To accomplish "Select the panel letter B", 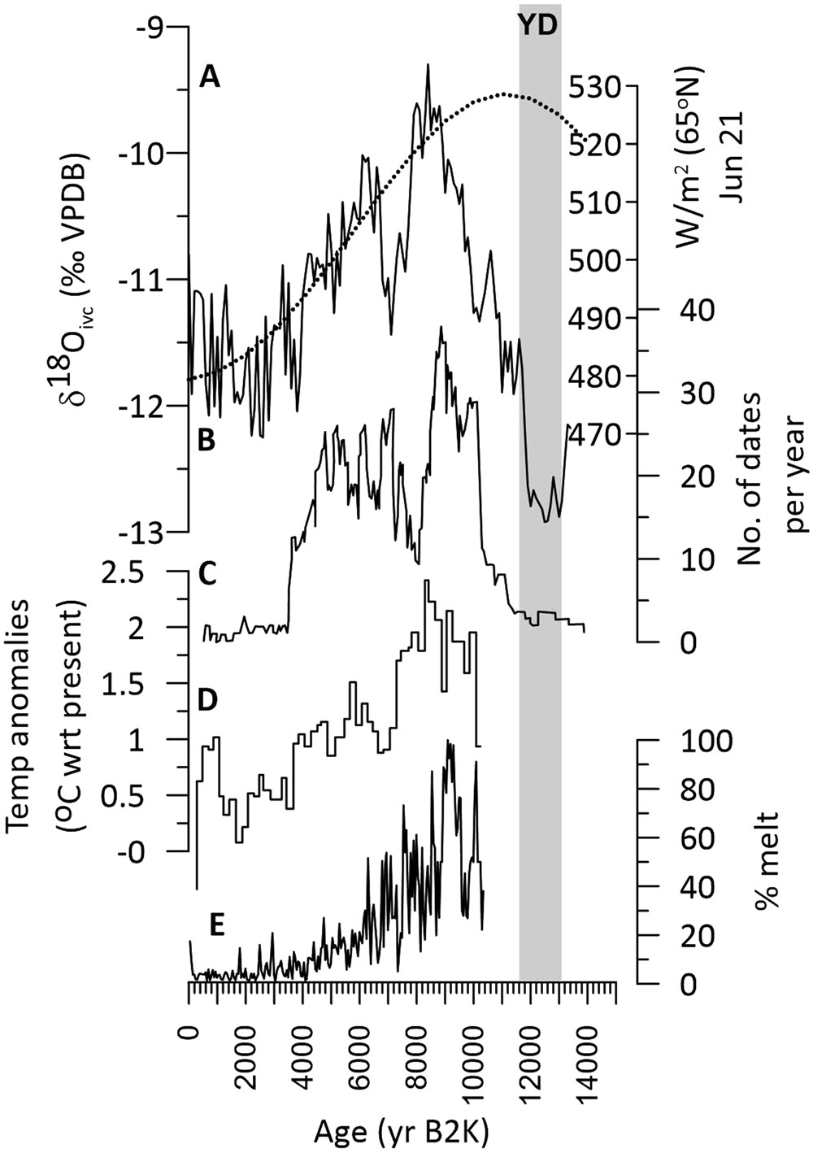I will (x=207, y=440).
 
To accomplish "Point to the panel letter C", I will (x=208, y=574).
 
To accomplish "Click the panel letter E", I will (x=216, y=925).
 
